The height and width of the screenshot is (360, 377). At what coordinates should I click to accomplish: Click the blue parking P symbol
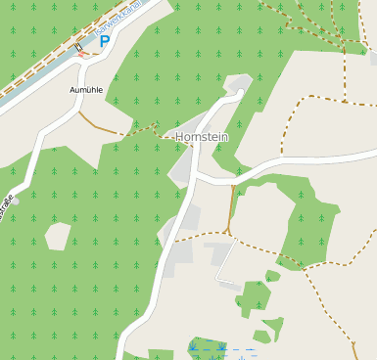[105, 43]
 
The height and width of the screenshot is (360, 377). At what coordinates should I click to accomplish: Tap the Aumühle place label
[85, 89]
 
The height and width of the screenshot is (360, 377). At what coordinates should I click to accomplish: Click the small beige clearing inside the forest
[58, 236]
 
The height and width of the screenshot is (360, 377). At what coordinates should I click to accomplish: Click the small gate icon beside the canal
[78, 47]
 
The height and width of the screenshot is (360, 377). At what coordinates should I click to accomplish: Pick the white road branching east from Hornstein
[294, 160]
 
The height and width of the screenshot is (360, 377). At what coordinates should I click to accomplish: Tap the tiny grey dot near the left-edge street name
[15, 201]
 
